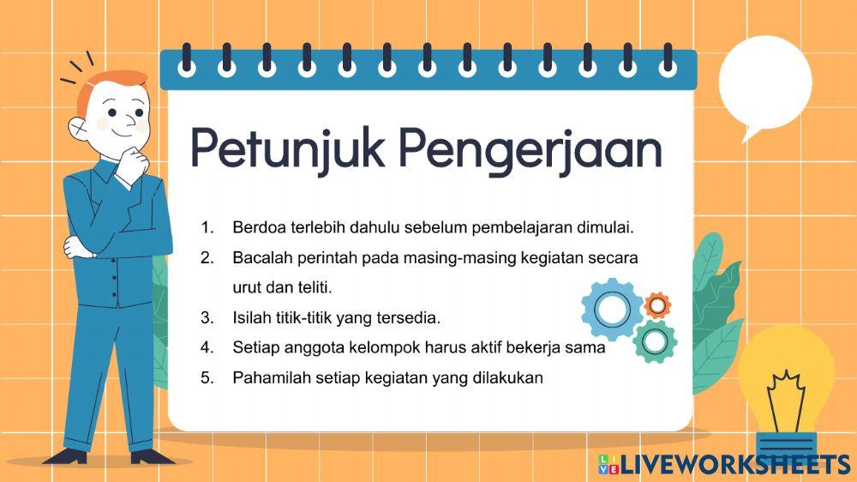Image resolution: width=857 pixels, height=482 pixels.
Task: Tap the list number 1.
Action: [x=207, y=228]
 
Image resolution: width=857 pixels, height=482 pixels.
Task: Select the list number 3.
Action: [x=207, y=318]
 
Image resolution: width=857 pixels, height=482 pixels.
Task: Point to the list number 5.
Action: [x=207, y=377]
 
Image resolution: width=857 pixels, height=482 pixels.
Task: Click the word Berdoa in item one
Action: [x=255, y=228]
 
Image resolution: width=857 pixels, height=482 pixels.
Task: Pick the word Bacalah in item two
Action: [x=259, y=258]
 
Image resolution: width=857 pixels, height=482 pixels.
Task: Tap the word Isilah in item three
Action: [x=251, y=318]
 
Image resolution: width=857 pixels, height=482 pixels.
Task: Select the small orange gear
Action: [x=657, y=304]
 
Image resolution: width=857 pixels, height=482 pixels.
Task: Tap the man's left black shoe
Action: [x=75, y=456]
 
